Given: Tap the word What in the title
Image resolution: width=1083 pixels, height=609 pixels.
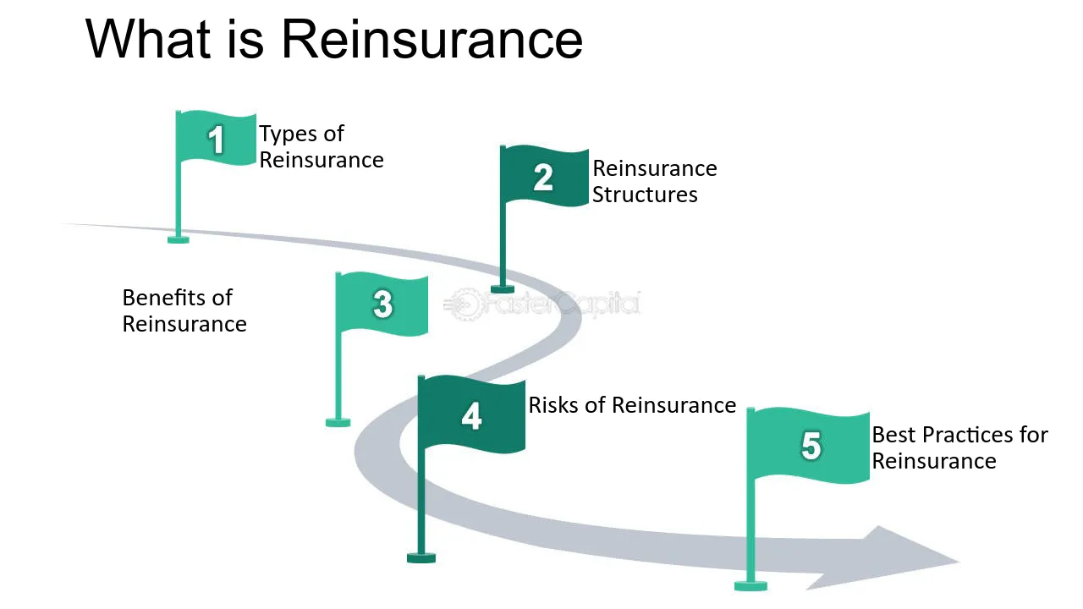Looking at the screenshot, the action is coord(148,39).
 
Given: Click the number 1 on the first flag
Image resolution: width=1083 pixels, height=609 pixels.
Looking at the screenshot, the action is coord(216,140).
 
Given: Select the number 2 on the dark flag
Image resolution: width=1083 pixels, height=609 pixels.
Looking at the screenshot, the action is coord(543,178).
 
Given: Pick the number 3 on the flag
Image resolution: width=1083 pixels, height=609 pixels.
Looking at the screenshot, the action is coord(382,304).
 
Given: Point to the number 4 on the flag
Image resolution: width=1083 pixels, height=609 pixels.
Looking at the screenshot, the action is coord(471,415).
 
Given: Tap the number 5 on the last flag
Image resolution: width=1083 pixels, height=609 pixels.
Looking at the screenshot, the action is coord(811,445).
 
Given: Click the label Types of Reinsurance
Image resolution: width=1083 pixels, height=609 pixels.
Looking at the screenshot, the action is coord(321,146).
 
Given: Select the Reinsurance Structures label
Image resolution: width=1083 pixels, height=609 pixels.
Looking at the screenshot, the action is coord(655,181).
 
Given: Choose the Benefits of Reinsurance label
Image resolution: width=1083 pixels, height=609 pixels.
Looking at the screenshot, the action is coord(184,310).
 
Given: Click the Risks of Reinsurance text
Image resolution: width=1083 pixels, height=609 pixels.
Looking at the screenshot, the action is coord(632,405).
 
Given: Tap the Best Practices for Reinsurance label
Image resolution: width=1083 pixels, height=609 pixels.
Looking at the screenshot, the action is coord(959,447).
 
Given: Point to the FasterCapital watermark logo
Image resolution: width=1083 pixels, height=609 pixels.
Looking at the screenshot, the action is coord(541,304).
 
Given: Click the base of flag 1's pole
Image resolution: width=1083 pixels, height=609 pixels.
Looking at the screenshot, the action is coord(178,239).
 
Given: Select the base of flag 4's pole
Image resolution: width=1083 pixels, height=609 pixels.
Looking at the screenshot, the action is coord(421,558).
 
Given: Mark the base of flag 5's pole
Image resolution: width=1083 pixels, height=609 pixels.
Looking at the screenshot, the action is coord(750,586).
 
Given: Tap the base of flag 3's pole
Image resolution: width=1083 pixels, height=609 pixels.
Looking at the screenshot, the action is coord(338,423).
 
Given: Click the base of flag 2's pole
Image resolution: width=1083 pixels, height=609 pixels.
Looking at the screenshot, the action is coord(503,289).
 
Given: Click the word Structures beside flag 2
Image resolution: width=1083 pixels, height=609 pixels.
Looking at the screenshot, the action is coord(645,195).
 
